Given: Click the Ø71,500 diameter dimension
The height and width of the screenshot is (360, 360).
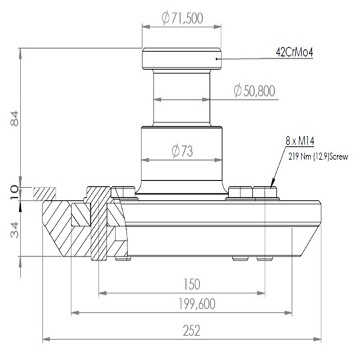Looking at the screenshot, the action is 182,19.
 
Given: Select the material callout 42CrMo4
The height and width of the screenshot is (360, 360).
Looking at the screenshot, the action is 295,53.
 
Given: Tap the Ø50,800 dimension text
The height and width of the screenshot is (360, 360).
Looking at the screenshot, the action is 254,91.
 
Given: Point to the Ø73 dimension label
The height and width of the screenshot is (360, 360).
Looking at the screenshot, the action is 182,151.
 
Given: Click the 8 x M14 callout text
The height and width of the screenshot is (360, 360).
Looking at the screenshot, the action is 300,141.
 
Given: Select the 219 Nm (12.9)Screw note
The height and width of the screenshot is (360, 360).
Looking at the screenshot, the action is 318,157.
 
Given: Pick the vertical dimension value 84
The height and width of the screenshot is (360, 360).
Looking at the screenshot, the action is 15,119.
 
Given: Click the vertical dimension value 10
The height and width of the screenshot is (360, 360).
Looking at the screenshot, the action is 14,192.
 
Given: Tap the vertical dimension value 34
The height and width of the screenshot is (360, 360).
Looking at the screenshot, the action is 15,230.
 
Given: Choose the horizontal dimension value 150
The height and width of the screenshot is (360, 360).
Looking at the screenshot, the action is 192,284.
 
